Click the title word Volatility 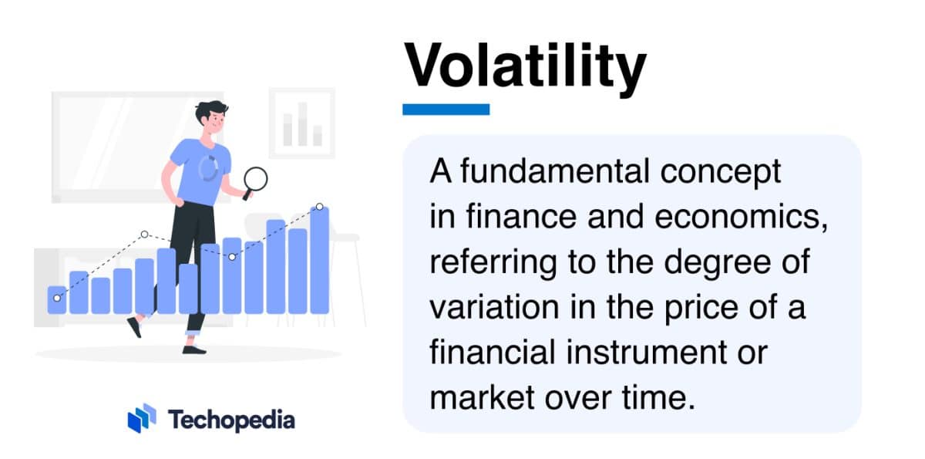525,66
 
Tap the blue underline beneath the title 446,110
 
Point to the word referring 479,263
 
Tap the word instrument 651,354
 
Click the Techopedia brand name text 231,420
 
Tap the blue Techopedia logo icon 142,418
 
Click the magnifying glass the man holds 255,180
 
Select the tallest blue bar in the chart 319,260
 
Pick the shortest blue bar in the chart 57,300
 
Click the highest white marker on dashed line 319,208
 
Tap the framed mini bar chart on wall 301,123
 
